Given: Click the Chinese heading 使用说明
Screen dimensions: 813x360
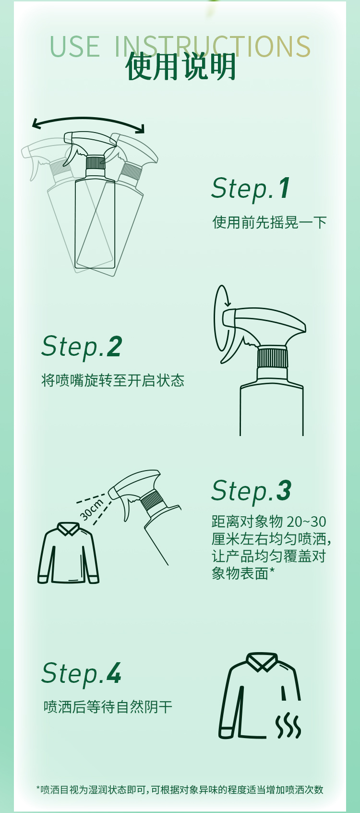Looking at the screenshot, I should (180, 67).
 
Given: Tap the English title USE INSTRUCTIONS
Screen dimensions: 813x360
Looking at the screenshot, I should (180, 46).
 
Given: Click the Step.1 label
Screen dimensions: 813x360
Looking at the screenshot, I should (251, 188).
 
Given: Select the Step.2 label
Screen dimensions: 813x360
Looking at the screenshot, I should (82, 346).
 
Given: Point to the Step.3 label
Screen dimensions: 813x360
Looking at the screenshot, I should (251, 491).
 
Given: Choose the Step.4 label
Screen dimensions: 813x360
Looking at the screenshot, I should (81, 673).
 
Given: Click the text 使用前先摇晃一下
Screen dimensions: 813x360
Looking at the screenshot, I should (269, 222).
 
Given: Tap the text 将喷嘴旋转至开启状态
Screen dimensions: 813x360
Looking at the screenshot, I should (112, 380).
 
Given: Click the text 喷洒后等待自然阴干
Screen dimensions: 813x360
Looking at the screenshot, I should (108, 707).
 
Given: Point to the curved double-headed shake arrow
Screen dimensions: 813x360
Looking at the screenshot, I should (88, 123).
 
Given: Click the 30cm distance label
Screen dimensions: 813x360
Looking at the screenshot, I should (91, 510).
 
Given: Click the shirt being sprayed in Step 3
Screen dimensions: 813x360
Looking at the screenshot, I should (68, 555).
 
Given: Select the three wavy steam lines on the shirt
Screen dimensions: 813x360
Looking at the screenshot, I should (288, 725).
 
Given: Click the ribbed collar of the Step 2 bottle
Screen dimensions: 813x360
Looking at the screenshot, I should (272, 358).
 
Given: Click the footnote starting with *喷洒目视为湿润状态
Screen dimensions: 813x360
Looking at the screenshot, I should (180, 789).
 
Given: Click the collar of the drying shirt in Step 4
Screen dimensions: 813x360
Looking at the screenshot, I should (262, 662).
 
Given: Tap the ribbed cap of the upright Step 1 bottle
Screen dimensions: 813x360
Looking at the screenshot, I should (95, 162).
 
